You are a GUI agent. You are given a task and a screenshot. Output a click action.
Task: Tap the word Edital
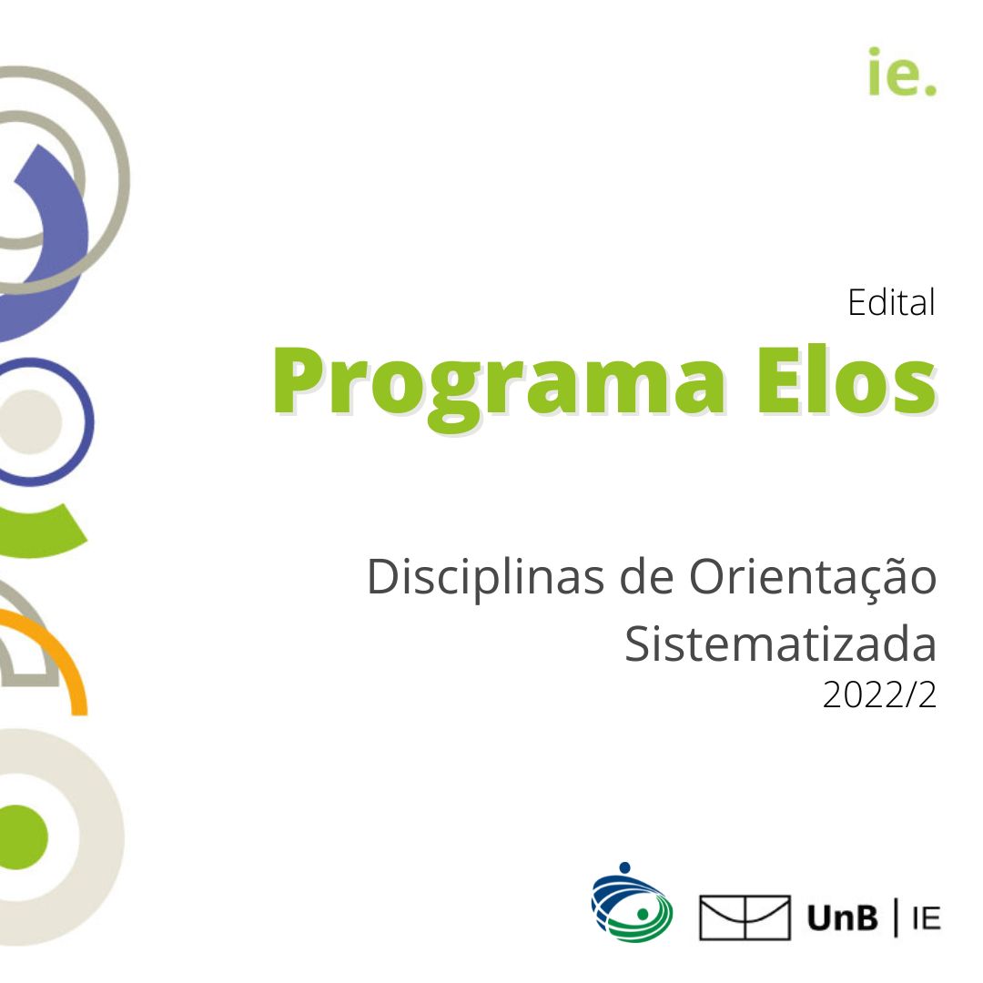coord(891,303)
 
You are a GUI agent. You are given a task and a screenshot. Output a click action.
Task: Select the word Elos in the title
coord(846,380)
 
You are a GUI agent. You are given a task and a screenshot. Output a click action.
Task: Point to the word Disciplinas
coord(486,577)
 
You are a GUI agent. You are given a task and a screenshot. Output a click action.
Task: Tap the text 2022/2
coord(879,694)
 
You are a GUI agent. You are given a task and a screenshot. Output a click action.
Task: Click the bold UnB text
coord(843,918)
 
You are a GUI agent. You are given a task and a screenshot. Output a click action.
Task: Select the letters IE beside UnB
coord(927,919)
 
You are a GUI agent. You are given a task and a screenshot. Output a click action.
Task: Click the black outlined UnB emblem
coord(745,917)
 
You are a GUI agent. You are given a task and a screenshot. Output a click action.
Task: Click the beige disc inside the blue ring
coord(29,421)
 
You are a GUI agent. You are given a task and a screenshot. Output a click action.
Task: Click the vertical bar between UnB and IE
coord(897,917)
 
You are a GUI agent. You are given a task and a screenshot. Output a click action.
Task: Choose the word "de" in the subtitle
coord(646,577)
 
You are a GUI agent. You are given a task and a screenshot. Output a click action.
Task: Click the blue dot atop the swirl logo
coord(624,867)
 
